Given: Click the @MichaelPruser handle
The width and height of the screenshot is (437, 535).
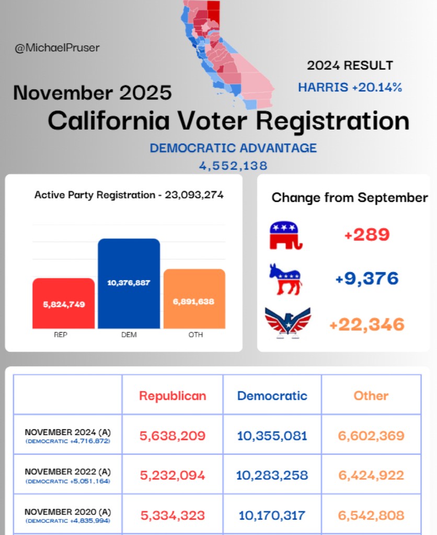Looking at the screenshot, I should [x=57, y=48].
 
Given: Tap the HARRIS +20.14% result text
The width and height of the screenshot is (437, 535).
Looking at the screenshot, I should [x=350, y=87].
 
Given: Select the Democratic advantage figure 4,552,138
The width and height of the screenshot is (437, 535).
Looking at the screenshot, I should [x=233, y=166].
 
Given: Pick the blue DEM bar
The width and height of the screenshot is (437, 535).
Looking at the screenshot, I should [x=129, y=284].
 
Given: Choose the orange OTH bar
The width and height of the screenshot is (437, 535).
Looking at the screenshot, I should [x=194, y=299].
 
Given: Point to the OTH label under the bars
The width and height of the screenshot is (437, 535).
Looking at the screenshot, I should [x=195, y=335].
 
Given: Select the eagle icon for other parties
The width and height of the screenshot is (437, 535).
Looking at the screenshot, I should [x=287, y=323].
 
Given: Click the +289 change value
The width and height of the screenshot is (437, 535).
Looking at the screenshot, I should [x=367, y=235].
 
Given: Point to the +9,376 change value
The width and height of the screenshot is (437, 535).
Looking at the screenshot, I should [x=367, y=278].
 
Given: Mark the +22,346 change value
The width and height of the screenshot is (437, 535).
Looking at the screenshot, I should [x=367, y=324].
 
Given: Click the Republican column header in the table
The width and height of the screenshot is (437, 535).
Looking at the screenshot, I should [x=172, y=396].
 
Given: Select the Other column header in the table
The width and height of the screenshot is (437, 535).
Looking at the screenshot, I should [x=371, y=396].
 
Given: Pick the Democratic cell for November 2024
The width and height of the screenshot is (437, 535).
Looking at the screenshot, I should [x=272, y=436].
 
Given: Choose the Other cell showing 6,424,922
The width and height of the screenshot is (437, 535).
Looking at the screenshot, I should [x=371, y=475].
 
